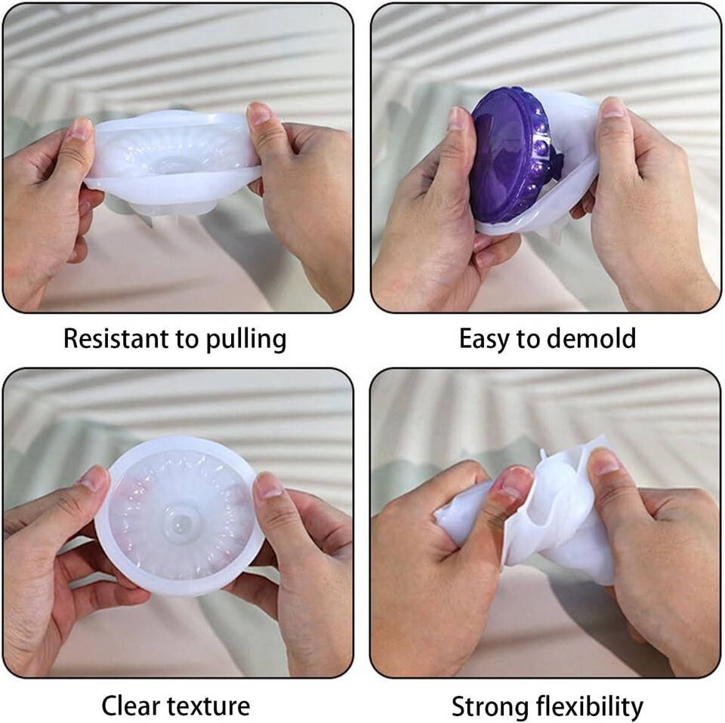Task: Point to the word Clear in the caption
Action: (131, 706)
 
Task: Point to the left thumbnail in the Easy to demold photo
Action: (458, 118)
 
